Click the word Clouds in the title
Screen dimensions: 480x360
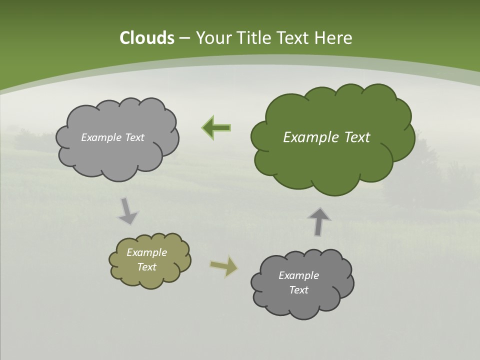[x=146, y=38]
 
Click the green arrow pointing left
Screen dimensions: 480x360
[x=216, y=128]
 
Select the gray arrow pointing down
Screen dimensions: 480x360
[x=127, y=211]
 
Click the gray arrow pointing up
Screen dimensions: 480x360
[x=319, y=220]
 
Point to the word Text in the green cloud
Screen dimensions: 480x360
[x=355, y=137]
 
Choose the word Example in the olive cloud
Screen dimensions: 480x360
[x=147, y=252]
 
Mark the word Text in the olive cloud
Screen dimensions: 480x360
[x=147, y=267]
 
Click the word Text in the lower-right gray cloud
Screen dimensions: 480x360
[x=299, y=290]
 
